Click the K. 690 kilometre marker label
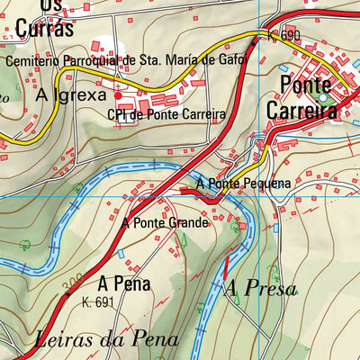point(283,36)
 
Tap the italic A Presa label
point(259,288)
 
